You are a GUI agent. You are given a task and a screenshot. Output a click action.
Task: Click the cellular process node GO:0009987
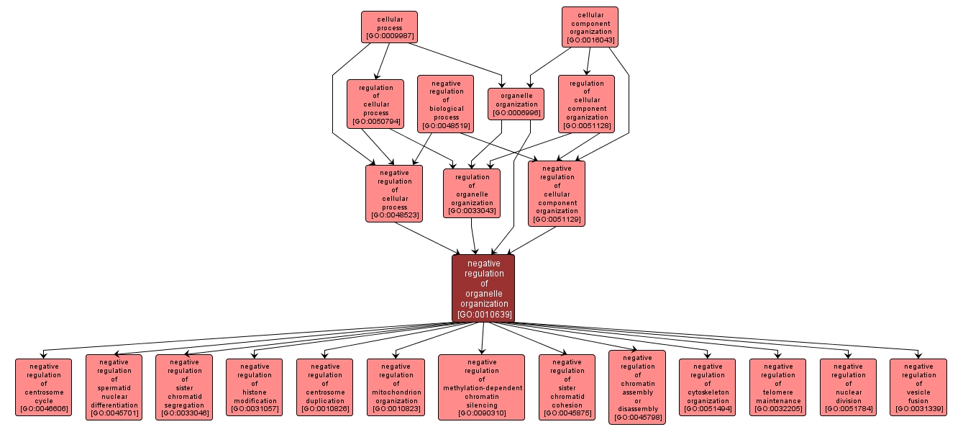click(389, 27)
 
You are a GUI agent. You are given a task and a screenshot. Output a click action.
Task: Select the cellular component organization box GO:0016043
click(590, 27)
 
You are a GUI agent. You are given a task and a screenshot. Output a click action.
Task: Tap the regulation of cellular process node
click(375, 104)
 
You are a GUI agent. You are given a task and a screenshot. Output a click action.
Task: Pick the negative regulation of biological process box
click(445, 104)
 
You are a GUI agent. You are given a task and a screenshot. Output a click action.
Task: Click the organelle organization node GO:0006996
click(516, 104)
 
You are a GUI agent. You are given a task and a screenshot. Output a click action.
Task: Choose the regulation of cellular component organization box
click(586, 104)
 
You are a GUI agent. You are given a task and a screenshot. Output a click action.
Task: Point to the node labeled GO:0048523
click(393, 193)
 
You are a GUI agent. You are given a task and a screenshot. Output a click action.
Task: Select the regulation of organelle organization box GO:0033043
click(472, 193)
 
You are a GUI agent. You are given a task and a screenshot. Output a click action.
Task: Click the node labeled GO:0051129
click(556, 193)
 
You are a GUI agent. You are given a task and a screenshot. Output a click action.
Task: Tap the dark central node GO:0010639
click(483, 289)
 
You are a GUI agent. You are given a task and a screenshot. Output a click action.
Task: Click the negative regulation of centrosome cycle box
click(44, 387)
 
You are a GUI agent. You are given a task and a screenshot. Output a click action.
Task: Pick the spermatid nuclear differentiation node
click(114, 387)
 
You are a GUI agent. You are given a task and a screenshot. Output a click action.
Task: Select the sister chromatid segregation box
click(184, 387)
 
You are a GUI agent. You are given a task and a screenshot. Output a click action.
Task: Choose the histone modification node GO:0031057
click(254, 387)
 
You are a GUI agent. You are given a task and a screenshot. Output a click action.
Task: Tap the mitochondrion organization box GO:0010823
click(396, 387)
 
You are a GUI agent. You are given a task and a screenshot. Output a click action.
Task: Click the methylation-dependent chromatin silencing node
click(481, 387)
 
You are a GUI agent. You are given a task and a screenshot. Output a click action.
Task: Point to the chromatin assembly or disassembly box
click(637, 387)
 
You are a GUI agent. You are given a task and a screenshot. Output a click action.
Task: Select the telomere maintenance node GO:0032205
click(777, 387)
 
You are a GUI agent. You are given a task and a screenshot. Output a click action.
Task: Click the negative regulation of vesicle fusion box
click(918, 387)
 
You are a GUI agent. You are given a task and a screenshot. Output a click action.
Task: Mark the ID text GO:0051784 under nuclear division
click(848, 410)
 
